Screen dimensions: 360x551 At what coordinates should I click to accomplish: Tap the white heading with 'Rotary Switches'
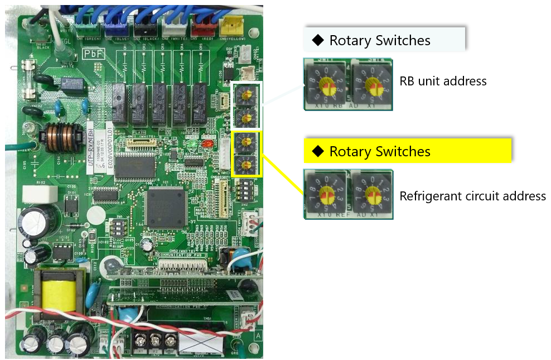coord(379,40)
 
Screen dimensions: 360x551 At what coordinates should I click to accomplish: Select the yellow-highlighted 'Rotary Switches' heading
coord(379,151)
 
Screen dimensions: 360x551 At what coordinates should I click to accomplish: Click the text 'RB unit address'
coord(443,81)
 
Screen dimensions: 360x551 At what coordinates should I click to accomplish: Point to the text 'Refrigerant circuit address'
coord(472,196)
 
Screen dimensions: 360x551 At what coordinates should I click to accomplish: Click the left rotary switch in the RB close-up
coord(325,84)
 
